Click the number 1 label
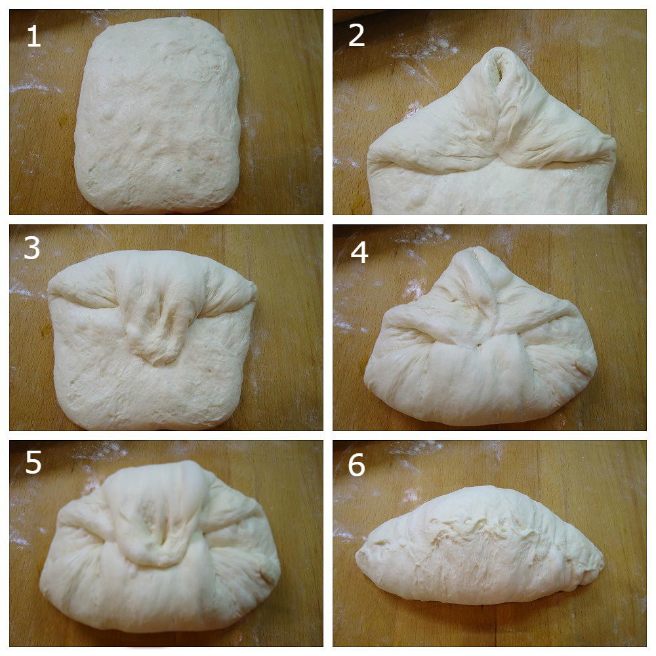pyautogui.click(x=34, y=36)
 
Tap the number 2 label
pyautogui.click(x=356, y=36)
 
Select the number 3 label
pyautogui.click(x=32, y=248)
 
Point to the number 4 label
pyautogui.click(x=359, y=253)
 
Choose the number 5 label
pyautogui.click(x=33, y=462)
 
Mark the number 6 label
pyautogui.click(x=356, y=465)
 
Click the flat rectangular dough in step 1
pyautogui.click(x=157, y=115)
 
